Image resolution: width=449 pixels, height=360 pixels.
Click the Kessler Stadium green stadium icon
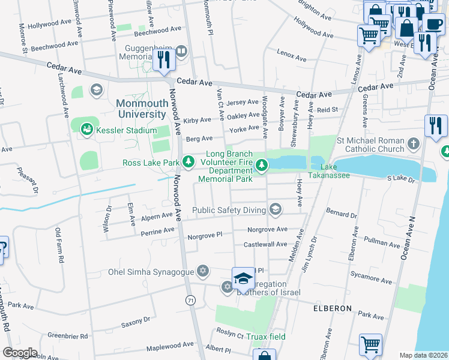coord(87,129)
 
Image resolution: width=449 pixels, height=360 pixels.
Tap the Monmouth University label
coord(140,109)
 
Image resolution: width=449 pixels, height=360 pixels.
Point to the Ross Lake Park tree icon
coord(188,162)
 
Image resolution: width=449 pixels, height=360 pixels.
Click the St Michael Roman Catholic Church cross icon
coord(412,143)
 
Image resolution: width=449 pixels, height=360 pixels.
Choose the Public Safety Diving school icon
coord(275,209)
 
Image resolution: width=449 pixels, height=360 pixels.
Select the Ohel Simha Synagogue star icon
coord(203,272)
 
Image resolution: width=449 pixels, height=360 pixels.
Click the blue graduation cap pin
coord(243,278)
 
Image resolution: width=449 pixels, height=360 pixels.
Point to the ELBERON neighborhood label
coord(332,308)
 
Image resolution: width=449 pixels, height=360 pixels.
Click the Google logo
coord(20,353)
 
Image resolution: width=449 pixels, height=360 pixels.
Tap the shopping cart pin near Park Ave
coord(370,345)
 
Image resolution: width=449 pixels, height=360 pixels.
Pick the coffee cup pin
coord(433,24)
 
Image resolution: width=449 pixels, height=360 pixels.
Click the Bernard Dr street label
coord(341,214)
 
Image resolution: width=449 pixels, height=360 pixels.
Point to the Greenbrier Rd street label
coord(68,335)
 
